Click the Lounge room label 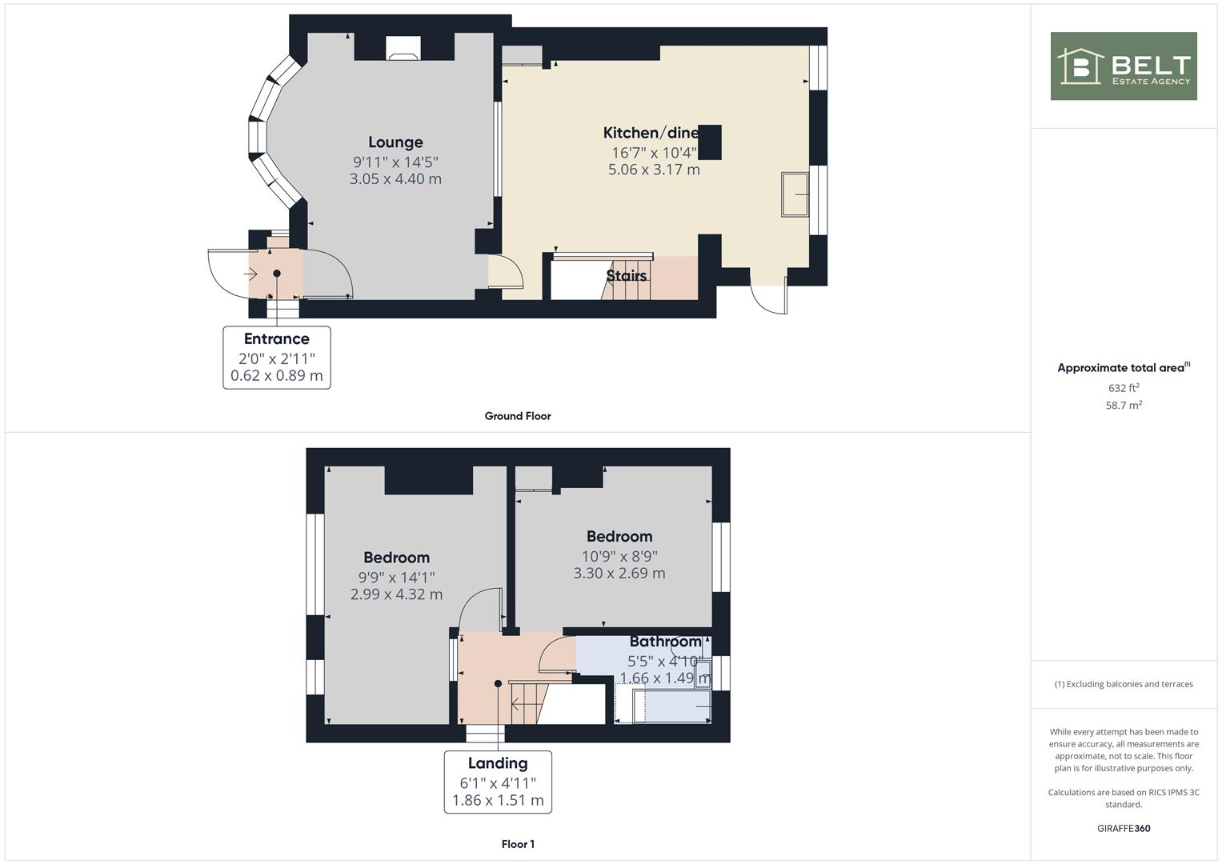click(x=395, y=142)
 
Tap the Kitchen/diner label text click(x=651, y=133)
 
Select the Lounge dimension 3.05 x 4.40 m click(x=395, y=179)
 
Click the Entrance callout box click(x=276, y=358)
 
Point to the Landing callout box click(x=498, y=782)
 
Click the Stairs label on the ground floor click(x=626, y=276)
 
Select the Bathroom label click(x=665, y=642)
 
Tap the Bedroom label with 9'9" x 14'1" click(x=396, y=558)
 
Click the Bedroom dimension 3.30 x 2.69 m click(x=619, y=574)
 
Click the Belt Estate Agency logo click(x=1124, y=66)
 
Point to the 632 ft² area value click(x=1124, y=388)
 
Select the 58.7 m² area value click(x=1124, y=406)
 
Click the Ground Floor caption click(x=518, y=416)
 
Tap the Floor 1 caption click(x=518, y=844)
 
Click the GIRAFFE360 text click(x=1124, y=829)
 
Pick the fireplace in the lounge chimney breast click(x=402, y=49)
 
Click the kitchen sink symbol click(x=795, y=194)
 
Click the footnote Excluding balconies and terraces click(x=1124, y=684)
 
